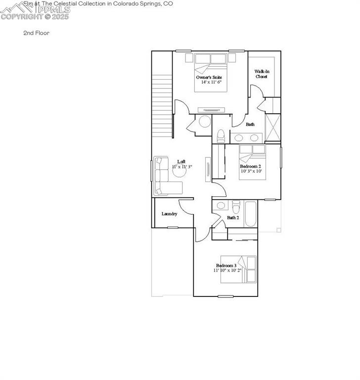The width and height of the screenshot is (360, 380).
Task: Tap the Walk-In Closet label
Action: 262,74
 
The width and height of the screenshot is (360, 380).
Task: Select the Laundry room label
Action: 170,214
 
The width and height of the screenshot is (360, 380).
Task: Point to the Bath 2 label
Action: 233,217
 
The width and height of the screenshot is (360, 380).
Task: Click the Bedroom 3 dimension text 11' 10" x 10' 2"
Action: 227,271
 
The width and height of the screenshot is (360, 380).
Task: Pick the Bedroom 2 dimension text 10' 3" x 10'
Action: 251,171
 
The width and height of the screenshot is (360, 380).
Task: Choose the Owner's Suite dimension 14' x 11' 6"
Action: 211,82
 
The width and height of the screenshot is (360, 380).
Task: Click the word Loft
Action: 181,162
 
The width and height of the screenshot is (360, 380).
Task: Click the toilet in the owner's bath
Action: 221,135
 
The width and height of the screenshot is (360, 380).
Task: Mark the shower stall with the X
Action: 272,127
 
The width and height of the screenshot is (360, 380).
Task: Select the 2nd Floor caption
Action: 36,33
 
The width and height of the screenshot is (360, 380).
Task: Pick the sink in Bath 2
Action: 221,205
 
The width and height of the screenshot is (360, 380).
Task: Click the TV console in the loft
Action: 208,169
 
